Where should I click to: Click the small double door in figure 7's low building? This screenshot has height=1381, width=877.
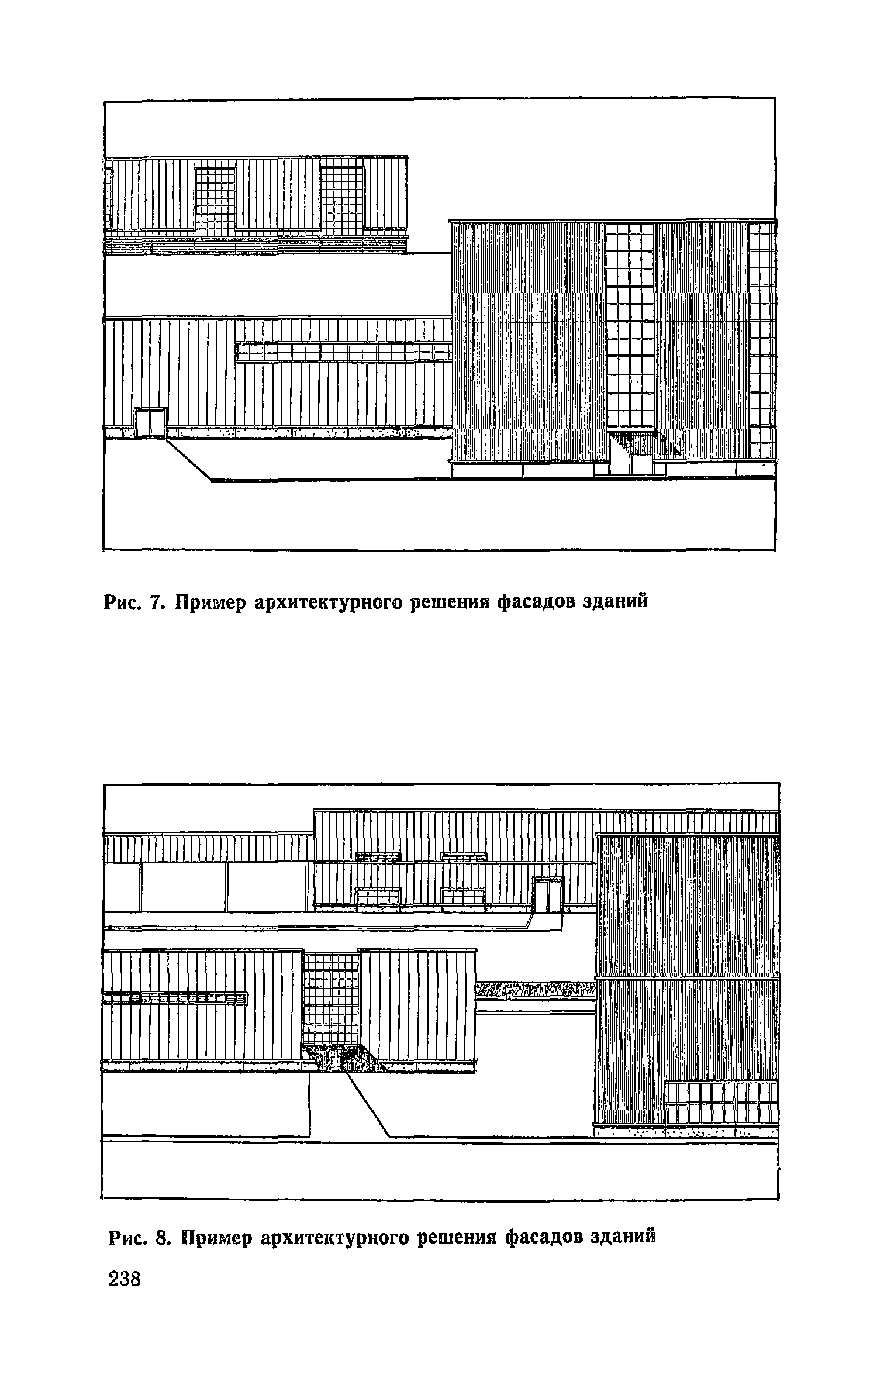(x=150, y=423)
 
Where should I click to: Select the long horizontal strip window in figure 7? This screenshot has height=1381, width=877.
(x=344, y=352)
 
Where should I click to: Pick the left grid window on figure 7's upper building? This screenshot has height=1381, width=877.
(x=215, y=201)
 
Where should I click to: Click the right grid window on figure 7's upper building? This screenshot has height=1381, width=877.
(x=342, y=201)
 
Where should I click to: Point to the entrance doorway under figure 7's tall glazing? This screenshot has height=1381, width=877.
(x=631, y=453)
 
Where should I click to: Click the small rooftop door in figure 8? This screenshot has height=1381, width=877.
(x=547, y=895)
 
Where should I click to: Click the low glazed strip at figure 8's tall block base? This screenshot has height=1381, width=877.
(x=722, y=1103)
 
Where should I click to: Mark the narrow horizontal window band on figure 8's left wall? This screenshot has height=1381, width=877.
(x=175, y=998)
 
